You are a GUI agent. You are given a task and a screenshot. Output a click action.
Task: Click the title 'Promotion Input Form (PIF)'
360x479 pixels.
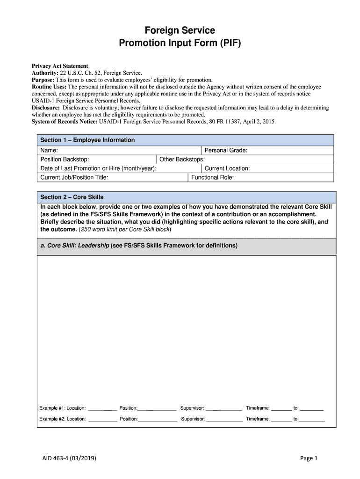pyautogui.click(x=180, y=44)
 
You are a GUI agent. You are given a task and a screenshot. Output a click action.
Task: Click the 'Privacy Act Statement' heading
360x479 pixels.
pyautogui.click(x=60, y=66)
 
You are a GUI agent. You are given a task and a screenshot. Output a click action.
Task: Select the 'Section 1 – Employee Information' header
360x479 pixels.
pyautogui.click(x=87, y=140)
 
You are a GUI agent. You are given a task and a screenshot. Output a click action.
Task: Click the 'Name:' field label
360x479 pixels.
pyautogui.click(x=49, y=150)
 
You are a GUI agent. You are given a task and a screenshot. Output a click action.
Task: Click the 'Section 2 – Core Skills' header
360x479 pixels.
pyautogui.click(x=72, y=197)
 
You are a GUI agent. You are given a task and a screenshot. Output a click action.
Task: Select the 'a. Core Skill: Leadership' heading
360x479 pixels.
pyautogui.click(x=139, y=246)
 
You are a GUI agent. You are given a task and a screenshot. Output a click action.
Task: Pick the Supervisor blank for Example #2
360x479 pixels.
pyautogui.click(x=224, y=419)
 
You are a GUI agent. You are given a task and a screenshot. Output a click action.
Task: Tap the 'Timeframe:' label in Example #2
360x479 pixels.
pyautogui.click(x=258, y=419)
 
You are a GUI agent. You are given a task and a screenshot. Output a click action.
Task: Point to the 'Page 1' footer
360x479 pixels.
pyautogui.click(x=309, y=458)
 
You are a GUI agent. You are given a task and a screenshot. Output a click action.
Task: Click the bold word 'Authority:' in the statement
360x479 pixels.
pyautogui.click(x=45, y=73)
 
